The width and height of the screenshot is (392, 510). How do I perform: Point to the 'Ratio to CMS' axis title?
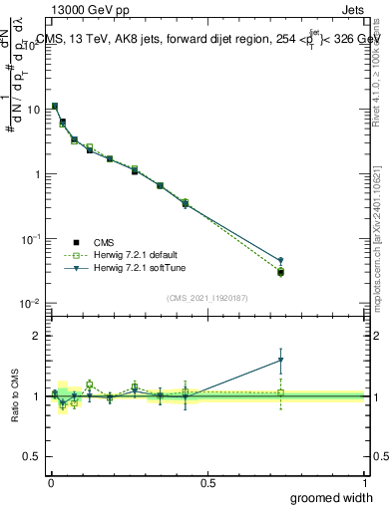(15, 395)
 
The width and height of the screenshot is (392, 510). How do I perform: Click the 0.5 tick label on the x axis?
(206, 482)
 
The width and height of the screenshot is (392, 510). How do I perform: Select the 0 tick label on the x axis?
(49, 482)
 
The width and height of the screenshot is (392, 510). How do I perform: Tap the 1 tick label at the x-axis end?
(364, 482)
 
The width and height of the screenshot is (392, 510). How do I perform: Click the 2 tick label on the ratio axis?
(35, 336)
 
